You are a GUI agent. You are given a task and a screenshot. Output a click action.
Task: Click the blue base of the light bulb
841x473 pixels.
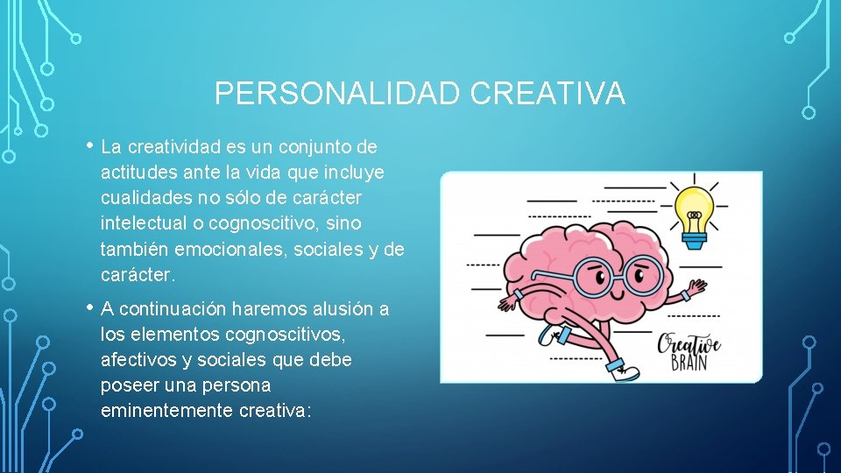pos(695,236)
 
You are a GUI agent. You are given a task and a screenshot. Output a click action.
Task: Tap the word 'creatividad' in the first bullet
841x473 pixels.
pos(176,147)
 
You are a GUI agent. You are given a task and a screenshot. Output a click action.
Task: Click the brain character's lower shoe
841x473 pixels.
pos(626,371)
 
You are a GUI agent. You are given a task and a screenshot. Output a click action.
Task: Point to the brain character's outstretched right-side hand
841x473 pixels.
pos(696,287)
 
